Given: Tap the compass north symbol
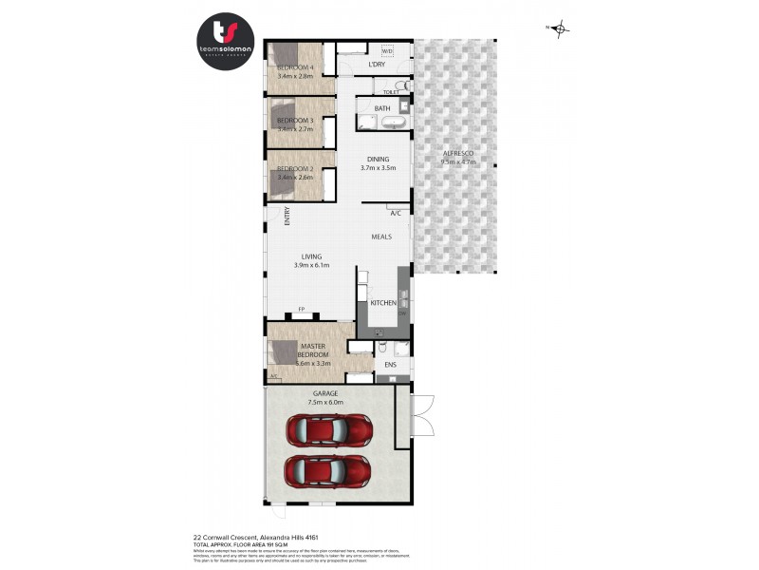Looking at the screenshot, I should point(561,29).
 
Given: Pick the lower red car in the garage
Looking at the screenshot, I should point(328,470).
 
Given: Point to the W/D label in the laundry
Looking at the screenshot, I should point(386,51).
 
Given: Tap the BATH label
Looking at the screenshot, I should point(382,109).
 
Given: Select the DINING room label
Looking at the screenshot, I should point(378,159).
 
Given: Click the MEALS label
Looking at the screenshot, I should point(382,237).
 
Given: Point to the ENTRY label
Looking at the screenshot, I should point(286,217).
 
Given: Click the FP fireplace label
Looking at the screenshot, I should point(302,310).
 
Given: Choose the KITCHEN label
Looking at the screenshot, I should point(382,303).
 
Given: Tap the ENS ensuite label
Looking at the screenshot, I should point(390,364).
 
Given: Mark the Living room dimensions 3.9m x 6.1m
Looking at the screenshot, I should point(311,266).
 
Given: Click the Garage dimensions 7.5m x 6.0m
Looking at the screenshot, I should point(324,403).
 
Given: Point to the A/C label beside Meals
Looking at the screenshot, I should point(395,213).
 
